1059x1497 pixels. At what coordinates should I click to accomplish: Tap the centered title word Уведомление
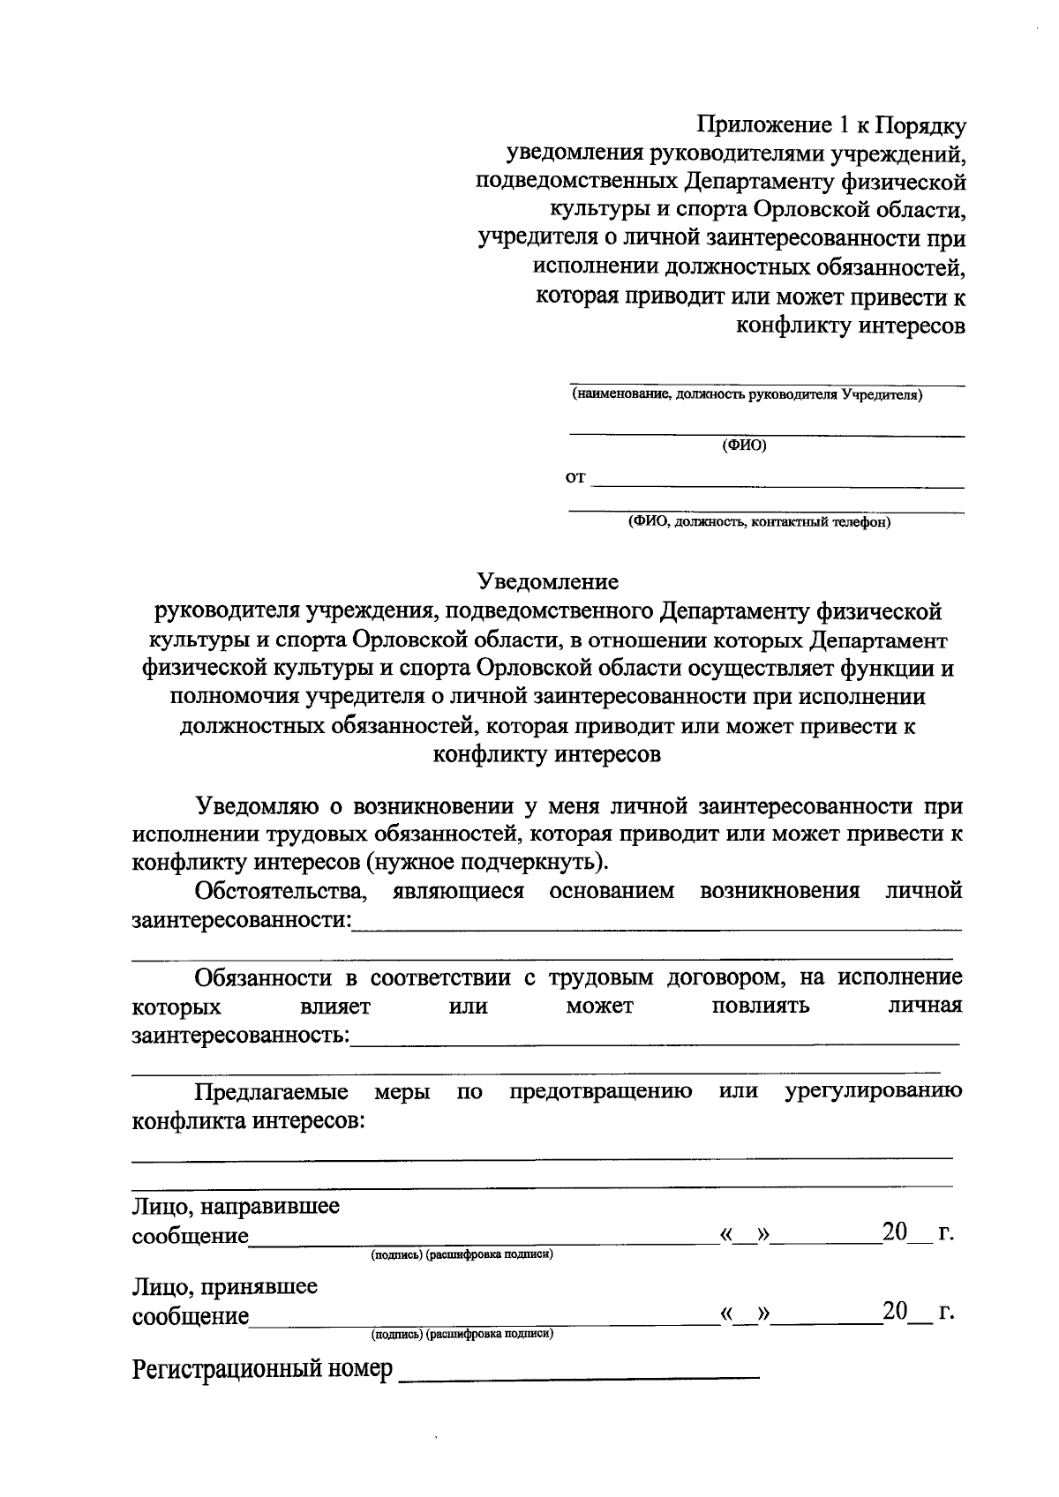(548, 581)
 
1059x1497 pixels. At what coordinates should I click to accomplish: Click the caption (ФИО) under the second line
(744, 445)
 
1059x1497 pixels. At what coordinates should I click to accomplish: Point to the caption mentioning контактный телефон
(759, 522)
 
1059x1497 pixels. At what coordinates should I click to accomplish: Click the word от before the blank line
(575, 478)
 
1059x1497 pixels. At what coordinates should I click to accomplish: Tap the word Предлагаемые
(272, 1092)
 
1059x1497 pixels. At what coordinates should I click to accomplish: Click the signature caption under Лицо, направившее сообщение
(462, 1254)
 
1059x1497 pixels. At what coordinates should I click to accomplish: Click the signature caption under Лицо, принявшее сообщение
(462, 1335)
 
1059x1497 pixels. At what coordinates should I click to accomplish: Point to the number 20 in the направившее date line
(894, 1232)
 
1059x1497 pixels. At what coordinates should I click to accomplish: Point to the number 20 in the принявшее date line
(894, 1313)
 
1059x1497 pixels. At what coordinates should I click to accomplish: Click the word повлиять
(761, 1006)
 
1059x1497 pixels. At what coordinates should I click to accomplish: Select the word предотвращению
(600, 1092)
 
